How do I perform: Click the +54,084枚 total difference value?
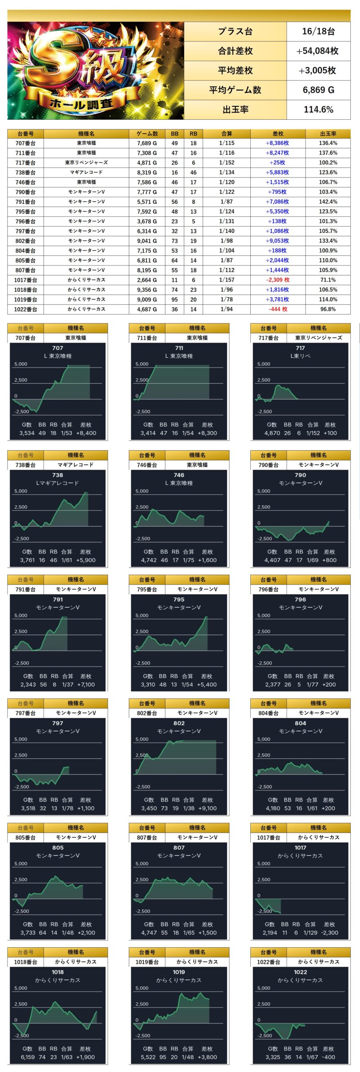318,51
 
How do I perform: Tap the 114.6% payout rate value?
318,110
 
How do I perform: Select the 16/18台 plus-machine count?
318,31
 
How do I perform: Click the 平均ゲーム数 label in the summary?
235,90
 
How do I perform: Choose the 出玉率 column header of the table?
328,134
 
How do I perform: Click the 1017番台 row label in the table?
26,280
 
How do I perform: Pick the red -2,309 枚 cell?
278,280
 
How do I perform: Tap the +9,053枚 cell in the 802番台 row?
277,241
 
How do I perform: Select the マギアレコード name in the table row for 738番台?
86,172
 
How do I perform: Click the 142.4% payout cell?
328,201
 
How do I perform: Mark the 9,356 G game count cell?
147,289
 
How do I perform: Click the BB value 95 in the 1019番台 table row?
175,299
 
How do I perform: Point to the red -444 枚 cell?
278,309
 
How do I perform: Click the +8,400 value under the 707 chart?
86,433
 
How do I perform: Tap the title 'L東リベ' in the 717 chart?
300,356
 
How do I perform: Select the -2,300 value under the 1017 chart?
329,933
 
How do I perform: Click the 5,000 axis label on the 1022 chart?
264,988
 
